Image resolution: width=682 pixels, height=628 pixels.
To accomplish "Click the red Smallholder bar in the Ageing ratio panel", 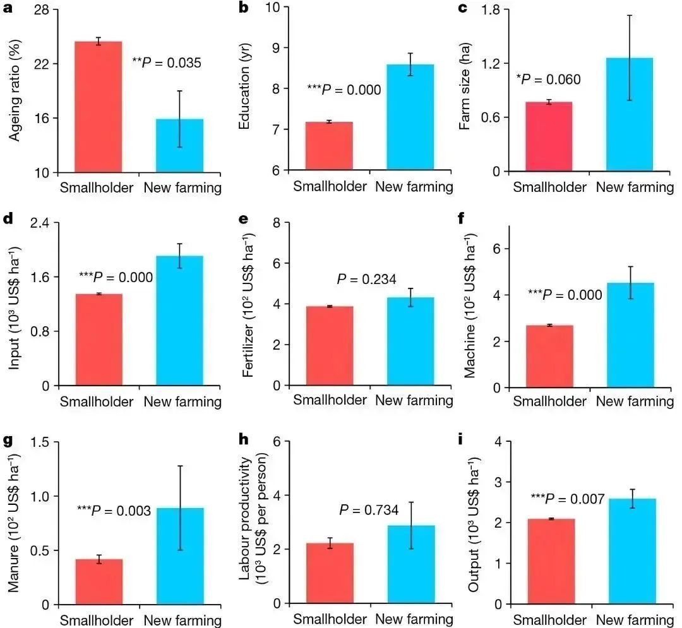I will coord(99,107).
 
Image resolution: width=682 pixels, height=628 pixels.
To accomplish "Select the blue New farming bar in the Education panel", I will coord(410,117).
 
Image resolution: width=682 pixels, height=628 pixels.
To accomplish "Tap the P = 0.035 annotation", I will coord(167,62).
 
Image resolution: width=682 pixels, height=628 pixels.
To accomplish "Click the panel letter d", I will coord(8,222).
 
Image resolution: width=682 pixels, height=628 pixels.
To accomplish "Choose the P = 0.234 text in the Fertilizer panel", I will coord(366,279).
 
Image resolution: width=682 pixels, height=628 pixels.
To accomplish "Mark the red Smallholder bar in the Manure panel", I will coord(99,581).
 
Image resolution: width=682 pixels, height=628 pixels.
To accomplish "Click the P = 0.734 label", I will coord(369,510).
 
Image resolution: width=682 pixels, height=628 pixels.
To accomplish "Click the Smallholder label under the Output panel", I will coord(549,620).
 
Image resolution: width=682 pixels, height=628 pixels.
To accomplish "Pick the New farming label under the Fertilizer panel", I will coord(414,400).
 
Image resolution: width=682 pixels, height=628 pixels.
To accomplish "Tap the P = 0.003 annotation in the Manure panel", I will coord(114,511).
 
